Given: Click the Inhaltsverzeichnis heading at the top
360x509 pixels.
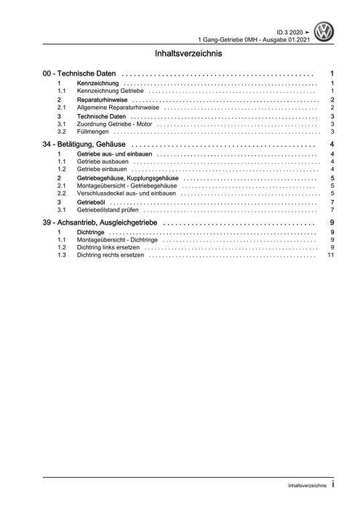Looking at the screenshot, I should click(x=188, y=53).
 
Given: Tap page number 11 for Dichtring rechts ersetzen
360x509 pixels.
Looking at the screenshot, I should click(x=331, y=255).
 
